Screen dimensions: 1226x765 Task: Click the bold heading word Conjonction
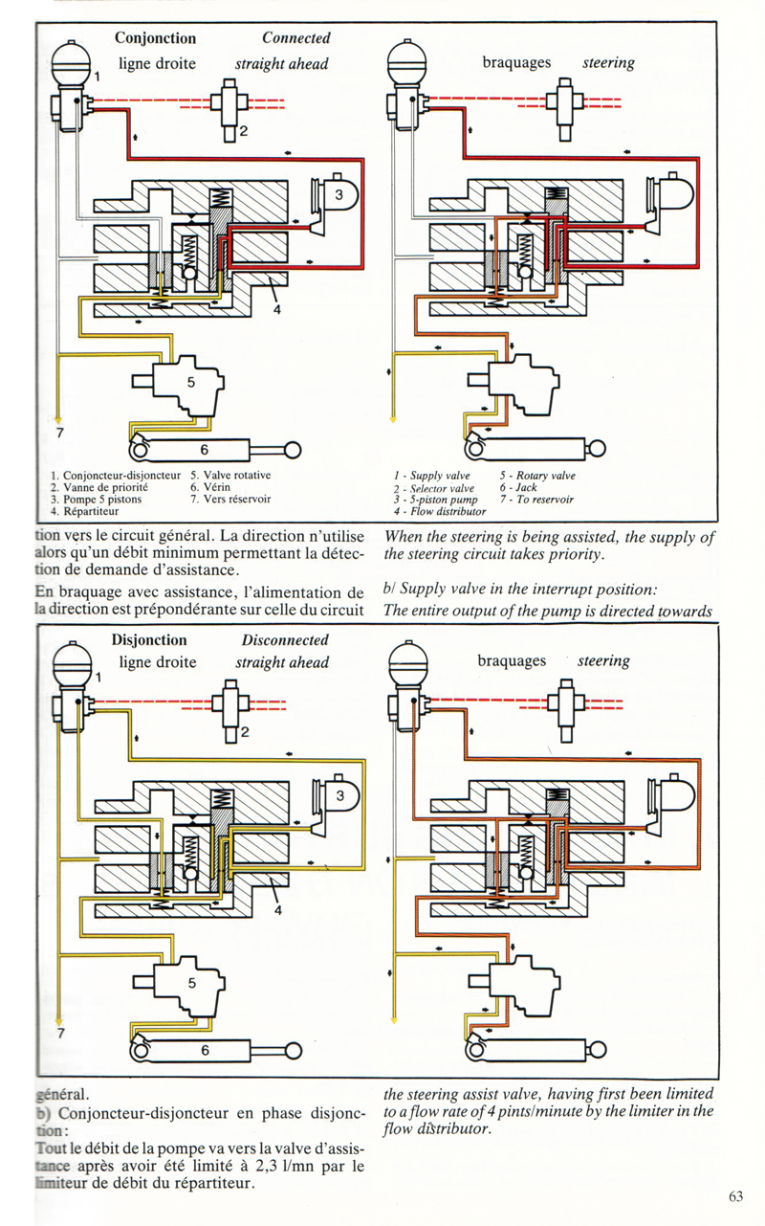(155, 38)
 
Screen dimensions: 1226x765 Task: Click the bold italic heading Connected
(296, 38)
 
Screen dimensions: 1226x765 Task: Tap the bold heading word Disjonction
(149, 639)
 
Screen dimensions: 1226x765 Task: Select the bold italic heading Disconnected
(285, 639)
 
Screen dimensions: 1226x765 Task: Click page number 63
(735, 1195)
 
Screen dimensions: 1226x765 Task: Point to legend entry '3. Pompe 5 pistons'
(96, 499)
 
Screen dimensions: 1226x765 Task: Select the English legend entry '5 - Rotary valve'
(537, 476)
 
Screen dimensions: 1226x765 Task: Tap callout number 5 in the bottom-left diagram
(191, 983)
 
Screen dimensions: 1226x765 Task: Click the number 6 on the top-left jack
(204, 450)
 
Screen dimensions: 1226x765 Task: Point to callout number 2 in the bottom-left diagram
(244, 733)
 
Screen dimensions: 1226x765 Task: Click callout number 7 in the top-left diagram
(60, 433)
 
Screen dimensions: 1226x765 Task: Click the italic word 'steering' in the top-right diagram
(608, 63)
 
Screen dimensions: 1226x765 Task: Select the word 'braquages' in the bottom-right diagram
(512, 661)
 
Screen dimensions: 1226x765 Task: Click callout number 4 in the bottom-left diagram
(278, 910)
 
